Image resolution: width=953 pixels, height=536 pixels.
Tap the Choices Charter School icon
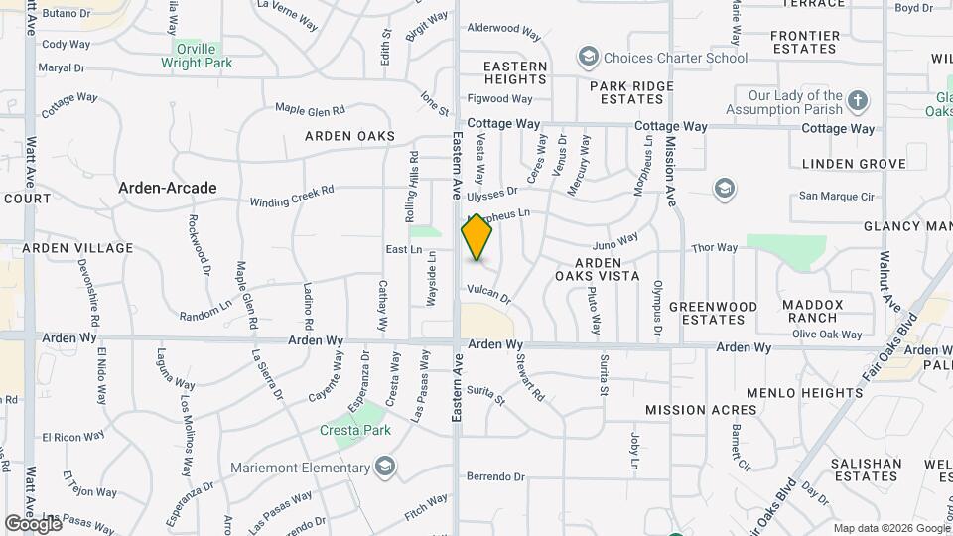pos(589,57)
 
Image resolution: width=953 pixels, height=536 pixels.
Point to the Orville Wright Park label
pos(197,56)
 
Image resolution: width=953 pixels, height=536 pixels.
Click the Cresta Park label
pos(355,430)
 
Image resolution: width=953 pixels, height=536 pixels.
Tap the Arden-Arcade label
pos(167,187)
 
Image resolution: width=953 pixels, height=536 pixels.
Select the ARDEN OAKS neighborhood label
pos(349,136)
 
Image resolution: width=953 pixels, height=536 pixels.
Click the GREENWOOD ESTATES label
pos(713,313)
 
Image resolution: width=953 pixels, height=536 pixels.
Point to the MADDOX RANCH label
pos(811,311)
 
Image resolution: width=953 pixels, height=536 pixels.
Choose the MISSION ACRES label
pos(701,410)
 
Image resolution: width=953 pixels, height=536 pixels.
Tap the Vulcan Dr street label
pos(488,293)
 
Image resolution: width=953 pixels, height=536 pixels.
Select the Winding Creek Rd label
pos(292,196)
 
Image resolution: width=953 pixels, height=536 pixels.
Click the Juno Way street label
pos(614,241)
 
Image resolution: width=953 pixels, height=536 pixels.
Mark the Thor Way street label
pos(715,247)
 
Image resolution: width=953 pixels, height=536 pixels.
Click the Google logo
pos(34,523)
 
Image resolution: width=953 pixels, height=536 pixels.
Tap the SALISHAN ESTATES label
pos(866,469)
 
